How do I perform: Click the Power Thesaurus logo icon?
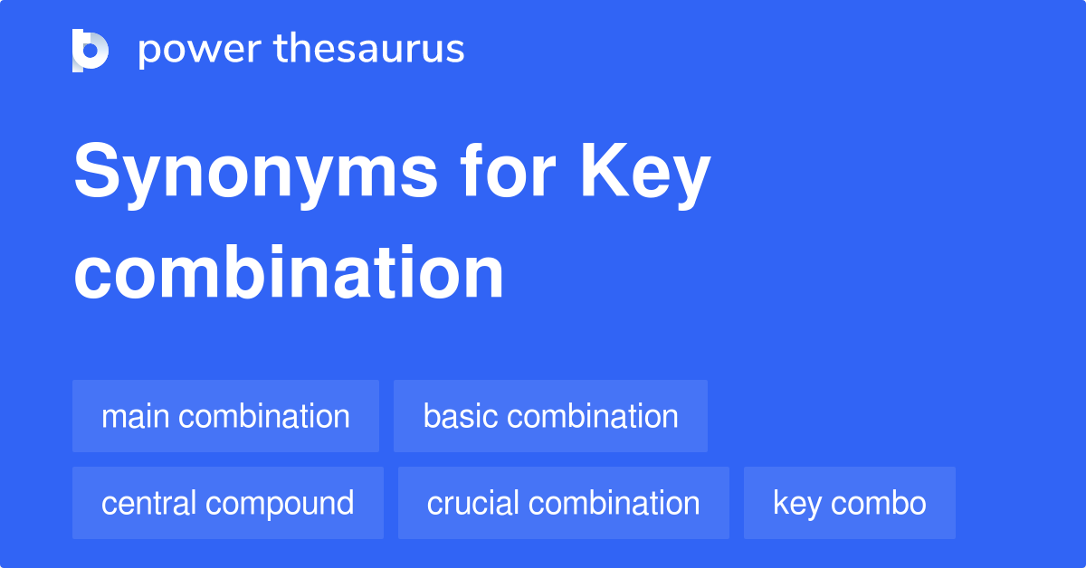90,50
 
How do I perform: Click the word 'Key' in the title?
645,175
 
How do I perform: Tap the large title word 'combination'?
289,272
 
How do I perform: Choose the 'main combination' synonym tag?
225,416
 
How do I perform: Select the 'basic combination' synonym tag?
550,416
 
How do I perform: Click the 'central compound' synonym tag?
227,503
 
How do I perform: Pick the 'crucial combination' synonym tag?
563,503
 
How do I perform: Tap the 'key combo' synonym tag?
849,503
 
